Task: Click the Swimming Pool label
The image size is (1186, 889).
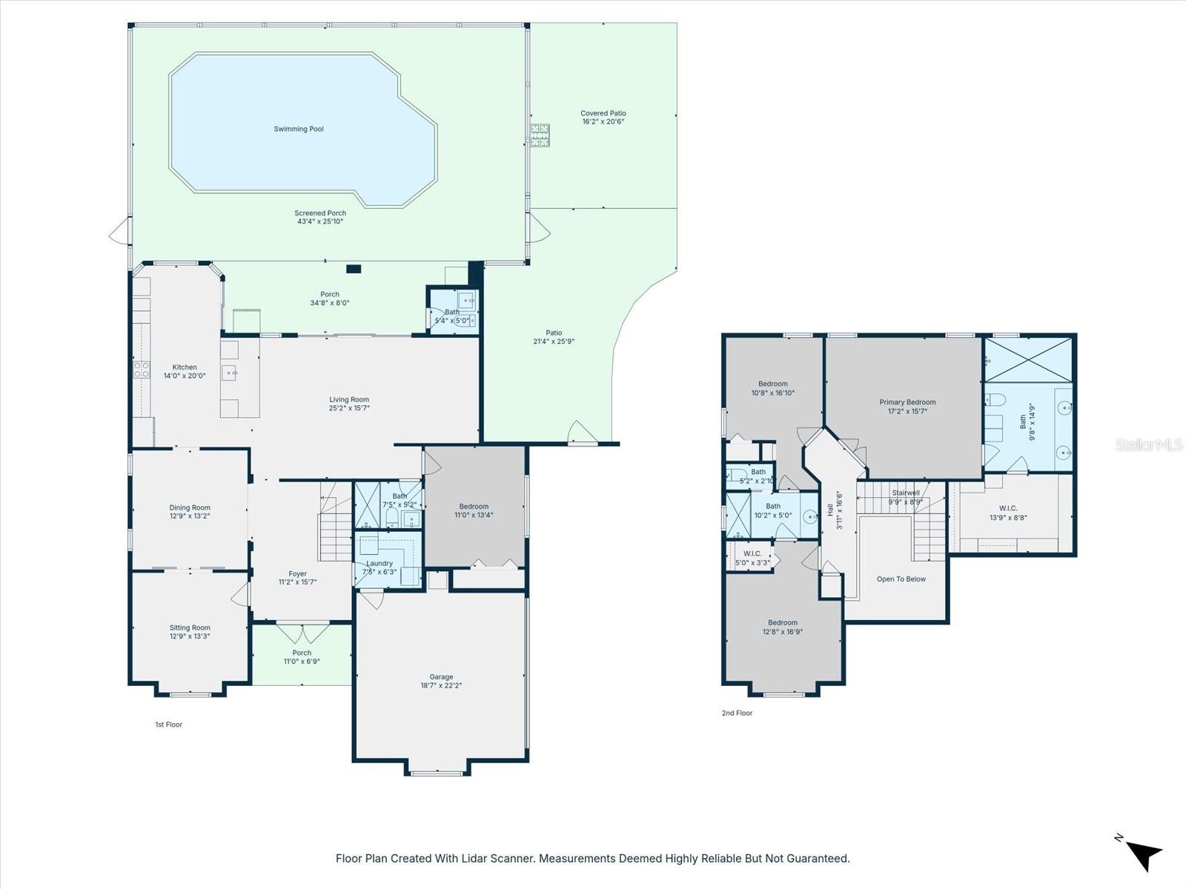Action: pyautogui.click(x=299, y=129)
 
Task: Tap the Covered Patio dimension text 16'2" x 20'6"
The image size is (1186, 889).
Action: pyautogui.click(x=603, y=121)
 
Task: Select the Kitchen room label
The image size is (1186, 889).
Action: pyautogui.click(x=185, y=367)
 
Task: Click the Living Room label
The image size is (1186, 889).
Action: pyautogui.click(x=349, y=400)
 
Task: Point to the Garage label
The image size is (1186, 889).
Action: pyautogui.click(x=441, y=677)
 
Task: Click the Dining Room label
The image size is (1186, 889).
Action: pyautogui.click(x=190, y=508)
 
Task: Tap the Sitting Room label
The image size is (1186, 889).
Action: pyautogui.click(x=190, y=627)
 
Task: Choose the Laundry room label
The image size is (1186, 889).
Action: pyautogui.click(x=380, y=564)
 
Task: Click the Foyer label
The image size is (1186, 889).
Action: pyautogui.click(x=297, y=574)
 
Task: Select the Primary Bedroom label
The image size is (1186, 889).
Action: pyautogui.click(x=907, y=402)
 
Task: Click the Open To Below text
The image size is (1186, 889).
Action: pyautogui.click(x=901, y=579)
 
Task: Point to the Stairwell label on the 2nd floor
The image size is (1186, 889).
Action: pyautogui.click(x=905, y=493)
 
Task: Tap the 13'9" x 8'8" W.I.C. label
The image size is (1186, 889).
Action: pyautogui.click(x=1008, y=513)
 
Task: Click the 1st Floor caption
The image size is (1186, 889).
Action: pyautogui.click(x=168, y=725)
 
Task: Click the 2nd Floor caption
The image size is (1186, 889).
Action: pyautogui.click(x=737, y=713)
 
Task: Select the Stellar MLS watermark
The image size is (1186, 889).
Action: pyautogui.click(x=1149, y=445)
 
